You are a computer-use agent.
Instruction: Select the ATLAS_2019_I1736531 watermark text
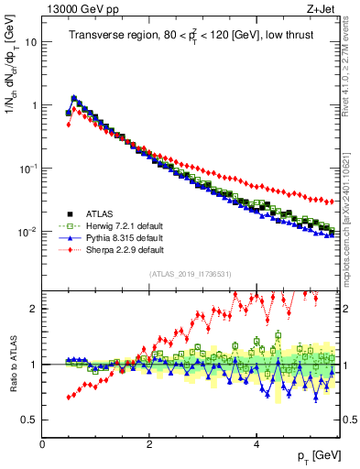pyautogui.click(x=191, y=274)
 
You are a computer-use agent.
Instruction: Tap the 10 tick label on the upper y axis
pyautogui.click(x=30, y=42)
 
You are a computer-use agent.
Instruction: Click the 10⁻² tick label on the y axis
pyautogui.click(x=27, y=232)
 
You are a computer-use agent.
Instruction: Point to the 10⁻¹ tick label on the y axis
pyautogui.click(x=27, y=169)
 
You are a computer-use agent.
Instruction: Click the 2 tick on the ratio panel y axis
pyautogui.click(x=33, y=309)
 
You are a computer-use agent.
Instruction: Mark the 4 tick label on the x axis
pyautogui.click(x=256, y=444)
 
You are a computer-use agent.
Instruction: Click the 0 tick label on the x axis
pyautogui.click(x=42, y=444)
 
